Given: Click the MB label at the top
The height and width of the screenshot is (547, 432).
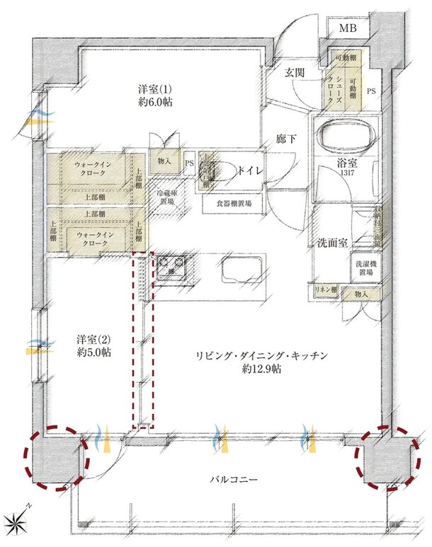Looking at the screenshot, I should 347,28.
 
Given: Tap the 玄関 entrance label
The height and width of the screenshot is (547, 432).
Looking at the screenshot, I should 295,72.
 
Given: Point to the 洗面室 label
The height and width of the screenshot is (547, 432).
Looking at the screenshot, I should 331,243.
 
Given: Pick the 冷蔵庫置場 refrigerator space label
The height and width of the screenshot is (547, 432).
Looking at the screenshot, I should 169,195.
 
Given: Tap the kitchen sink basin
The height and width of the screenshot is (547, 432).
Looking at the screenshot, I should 243,270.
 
